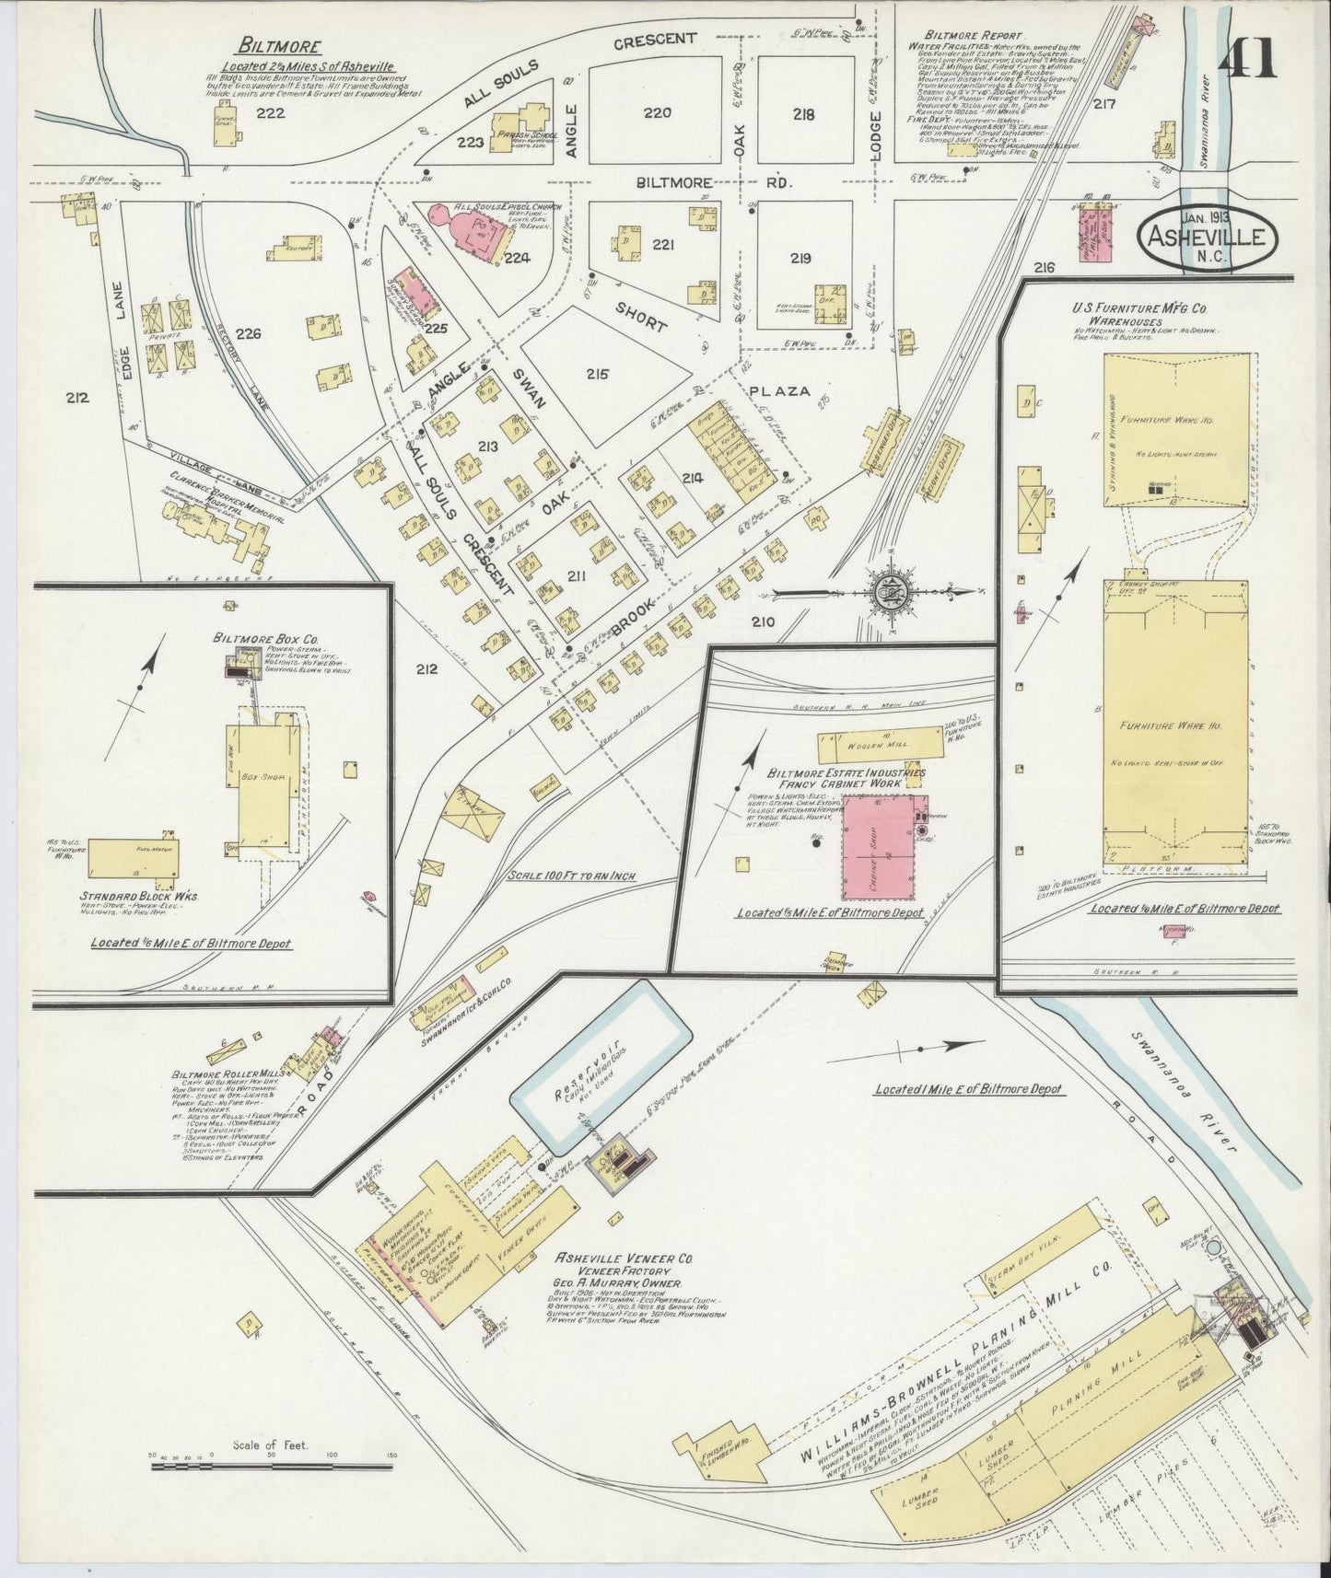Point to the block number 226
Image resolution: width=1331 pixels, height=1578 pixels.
tap(248, 331)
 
